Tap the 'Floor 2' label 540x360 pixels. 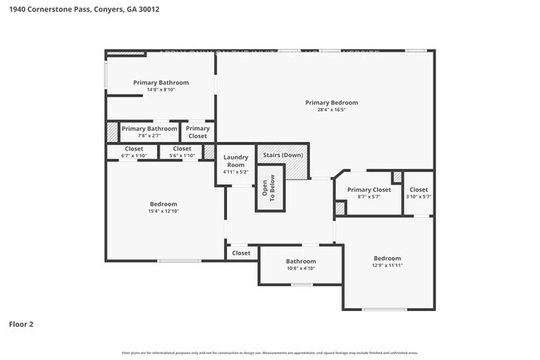(22, 323)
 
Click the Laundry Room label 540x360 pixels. (236, 160)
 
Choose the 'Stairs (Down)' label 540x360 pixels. (282, 155)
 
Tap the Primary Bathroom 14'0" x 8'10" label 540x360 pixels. (161, 82)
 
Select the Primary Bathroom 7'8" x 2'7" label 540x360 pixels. (150, 129)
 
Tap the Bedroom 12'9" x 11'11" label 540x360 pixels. (387, 259)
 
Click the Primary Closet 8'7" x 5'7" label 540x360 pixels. (369, 190)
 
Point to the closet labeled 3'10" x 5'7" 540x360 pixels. (419, 190)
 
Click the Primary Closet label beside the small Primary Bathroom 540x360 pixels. (198, 132)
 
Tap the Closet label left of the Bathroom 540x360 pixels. (241, 253)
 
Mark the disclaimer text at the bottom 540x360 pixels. (270, 353)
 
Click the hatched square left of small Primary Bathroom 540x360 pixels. (112, 132)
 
